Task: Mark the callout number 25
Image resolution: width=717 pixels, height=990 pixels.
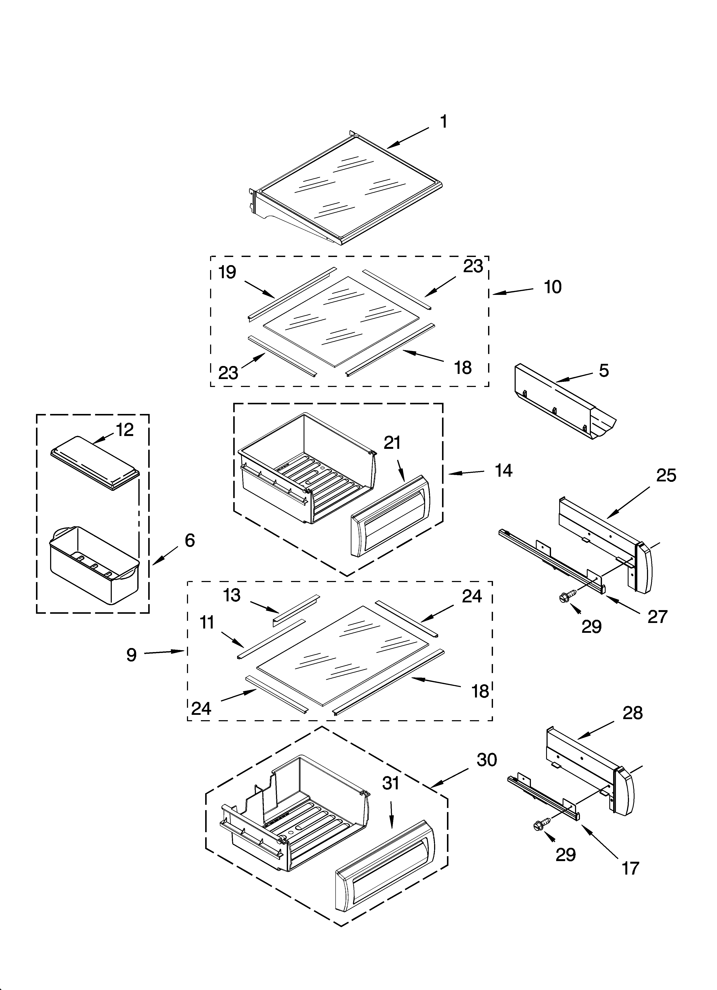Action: [666, 475]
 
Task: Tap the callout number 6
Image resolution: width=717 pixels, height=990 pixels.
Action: [190, 540]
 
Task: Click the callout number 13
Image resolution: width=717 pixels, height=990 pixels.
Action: [232, 595]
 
